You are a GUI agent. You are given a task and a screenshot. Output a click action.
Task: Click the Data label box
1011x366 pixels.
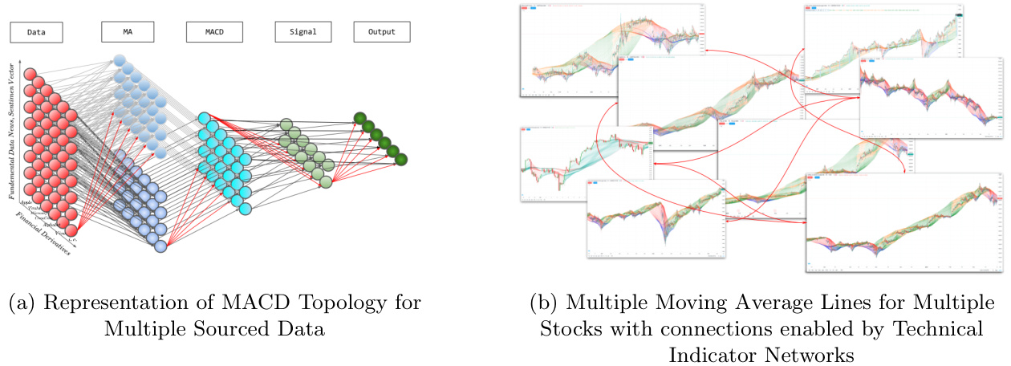tap(36, 33)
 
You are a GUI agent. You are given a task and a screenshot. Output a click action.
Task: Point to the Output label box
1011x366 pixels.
tap(382, 32)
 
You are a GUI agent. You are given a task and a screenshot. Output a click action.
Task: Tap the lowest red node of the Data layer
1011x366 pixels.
tap(71, 231)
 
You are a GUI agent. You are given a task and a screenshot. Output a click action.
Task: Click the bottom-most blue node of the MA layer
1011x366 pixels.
tap(160, 246)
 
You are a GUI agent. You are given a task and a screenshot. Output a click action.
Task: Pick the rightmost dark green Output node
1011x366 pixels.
tap(400, 159)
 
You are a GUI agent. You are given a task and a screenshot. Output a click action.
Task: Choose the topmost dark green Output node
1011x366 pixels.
tap(359, 119)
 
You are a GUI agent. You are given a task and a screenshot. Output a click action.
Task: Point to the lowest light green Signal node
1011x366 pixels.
tap(327, 182)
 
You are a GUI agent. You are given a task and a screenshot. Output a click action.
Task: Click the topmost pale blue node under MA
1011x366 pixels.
tap(119, 60)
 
